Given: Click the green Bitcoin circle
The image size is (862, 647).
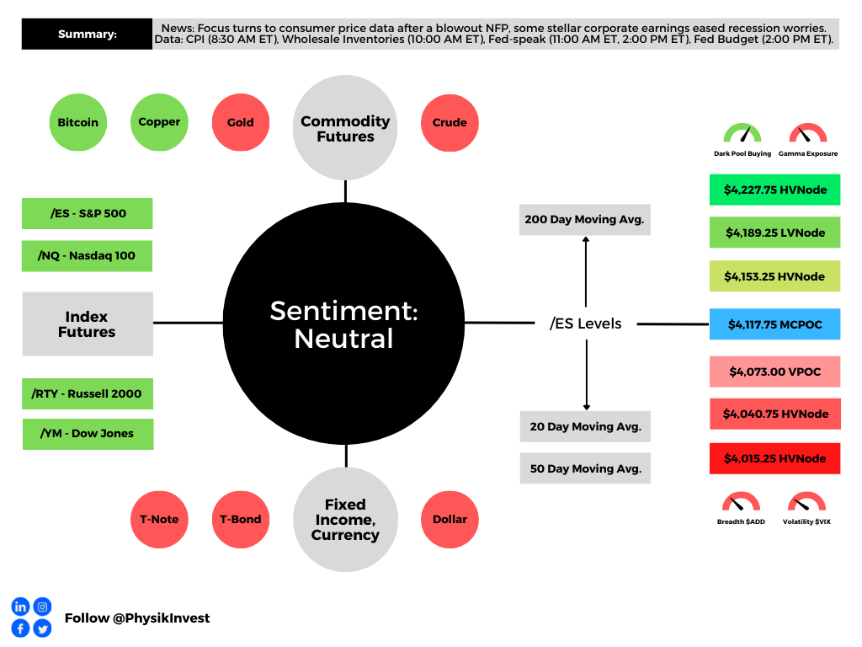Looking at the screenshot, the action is [78, 122].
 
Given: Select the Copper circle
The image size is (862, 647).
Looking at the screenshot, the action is [159, 122].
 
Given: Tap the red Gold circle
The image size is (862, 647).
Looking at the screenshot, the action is [241, 122].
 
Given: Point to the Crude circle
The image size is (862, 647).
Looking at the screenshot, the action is [450, 123].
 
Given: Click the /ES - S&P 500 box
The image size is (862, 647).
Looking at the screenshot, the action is [88, 213].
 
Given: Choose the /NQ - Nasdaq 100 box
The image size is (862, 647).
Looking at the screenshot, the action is [87, 256].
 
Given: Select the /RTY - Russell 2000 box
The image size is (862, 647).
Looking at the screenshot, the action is [88, 394].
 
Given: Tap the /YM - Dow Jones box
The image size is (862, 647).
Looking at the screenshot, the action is [88, 434].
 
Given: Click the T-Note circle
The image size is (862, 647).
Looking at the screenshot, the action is [159, 519].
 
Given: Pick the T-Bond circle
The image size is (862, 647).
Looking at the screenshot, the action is [241, 519].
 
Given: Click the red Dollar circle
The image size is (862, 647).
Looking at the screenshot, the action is [450, 519].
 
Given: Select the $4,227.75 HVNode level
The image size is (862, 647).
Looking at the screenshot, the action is [775, 190].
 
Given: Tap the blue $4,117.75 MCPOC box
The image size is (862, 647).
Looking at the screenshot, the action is [775, 324].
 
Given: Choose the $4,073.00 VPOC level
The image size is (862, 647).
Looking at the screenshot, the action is [775, 372].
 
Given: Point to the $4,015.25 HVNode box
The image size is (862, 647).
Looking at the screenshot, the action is [775, 458].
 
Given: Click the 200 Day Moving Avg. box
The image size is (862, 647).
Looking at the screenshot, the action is [585, 220].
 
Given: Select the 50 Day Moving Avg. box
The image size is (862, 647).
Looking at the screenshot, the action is [586, 468].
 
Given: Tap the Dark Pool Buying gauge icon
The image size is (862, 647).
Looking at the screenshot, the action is [742, 133].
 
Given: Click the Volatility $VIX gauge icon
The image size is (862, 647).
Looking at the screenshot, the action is [806, 502].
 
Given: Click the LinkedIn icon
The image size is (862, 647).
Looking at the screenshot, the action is [20, 607].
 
